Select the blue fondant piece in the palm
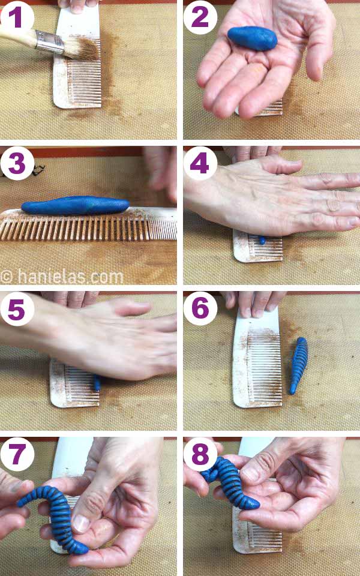click(x=252, y=38)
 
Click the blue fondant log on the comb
click(x=75, y=205)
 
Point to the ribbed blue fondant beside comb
click(x=298, y=365)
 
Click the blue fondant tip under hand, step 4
click(x=262, y=240)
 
